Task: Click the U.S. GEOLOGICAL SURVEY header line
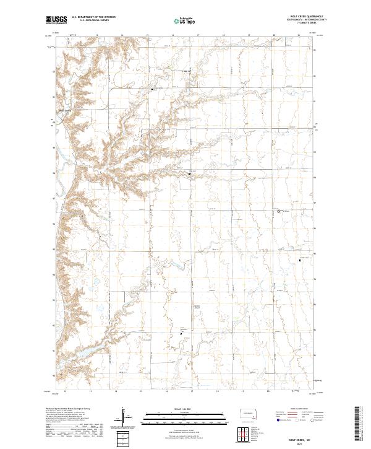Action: pos(92,21)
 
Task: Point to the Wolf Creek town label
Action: pos(65,111)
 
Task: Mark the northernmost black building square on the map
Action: pos(152,89)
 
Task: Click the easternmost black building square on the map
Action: pos(301,261)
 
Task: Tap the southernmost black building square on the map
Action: pos(181,333)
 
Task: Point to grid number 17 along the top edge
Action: pos(197,35)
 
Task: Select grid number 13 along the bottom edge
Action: pos(90,391)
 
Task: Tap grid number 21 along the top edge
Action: pos(298,35)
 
